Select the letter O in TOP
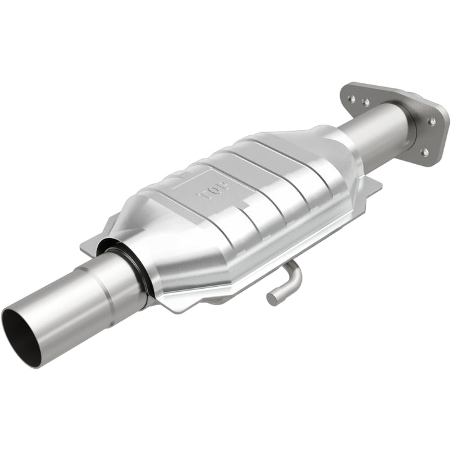coord(214,189)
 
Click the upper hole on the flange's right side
coord(432,121)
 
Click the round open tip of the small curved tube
coord(272,298)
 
